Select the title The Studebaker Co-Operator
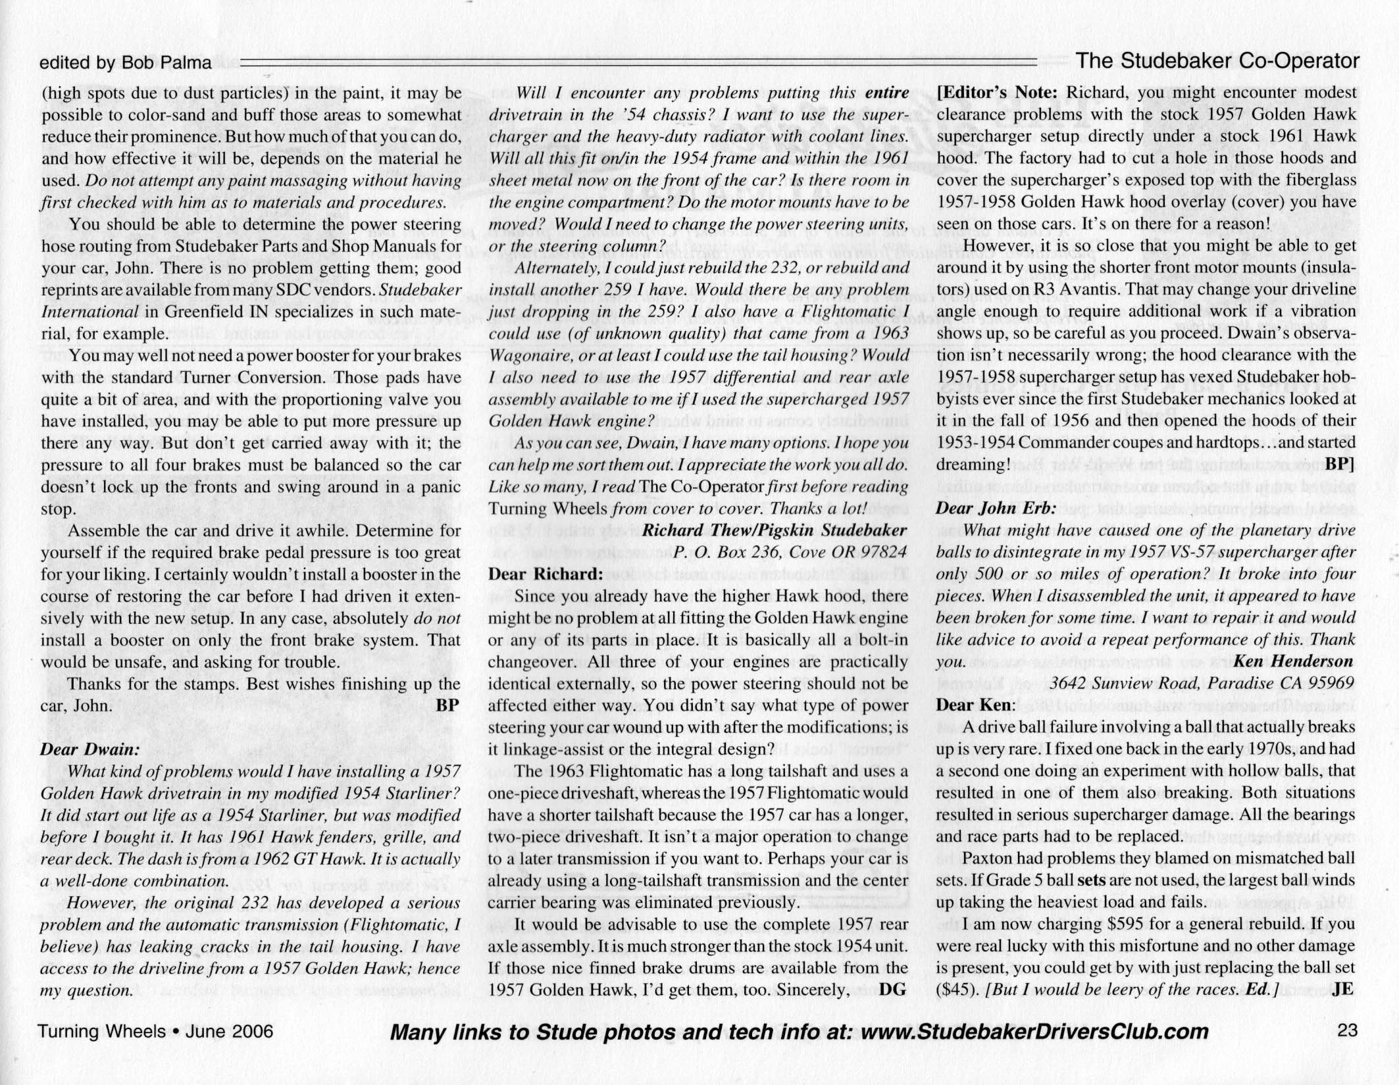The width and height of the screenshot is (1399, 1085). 1217,61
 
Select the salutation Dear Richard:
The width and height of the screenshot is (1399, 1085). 546,574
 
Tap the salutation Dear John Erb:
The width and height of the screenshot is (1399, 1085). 996,508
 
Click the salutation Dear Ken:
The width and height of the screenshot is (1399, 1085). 975,705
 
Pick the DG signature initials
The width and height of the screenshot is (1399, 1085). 893,990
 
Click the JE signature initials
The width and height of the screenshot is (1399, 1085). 1343,990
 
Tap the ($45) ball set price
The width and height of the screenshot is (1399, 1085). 957,990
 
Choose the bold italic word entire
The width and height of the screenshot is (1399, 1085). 887,93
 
